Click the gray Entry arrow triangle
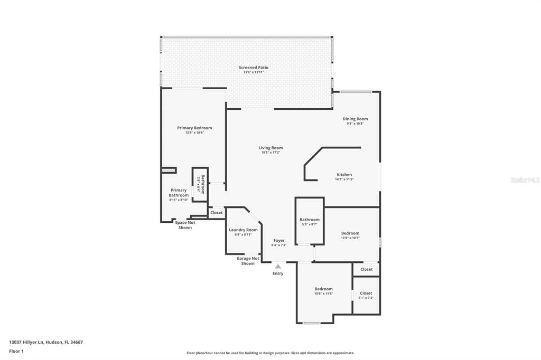pos(278,267)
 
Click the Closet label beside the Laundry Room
pos(217,213)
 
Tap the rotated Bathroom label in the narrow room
pos(200,184)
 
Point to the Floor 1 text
pos(16,351)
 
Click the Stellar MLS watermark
pos(525,180)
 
